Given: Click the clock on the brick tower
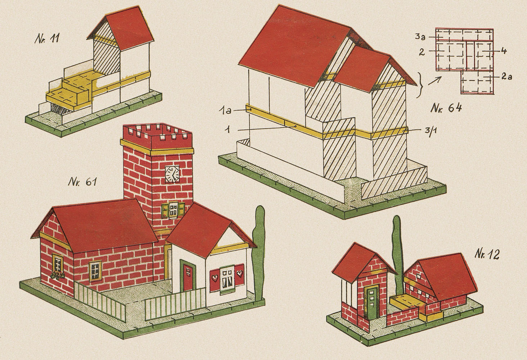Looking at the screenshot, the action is click(x=172, y=174).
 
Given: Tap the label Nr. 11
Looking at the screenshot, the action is click(x=47, y=39).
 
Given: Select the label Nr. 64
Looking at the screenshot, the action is click(x=446, y=108).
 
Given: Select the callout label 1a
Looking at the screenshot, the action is click(x=225, y=110).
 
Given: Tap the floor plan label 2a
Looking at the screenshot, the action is click(x=507, y=76).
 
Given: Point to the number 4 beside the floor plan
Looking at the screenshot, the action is click(x=504, y=51).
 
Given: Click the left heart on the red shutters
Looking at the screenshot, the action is click(x=214, y=278).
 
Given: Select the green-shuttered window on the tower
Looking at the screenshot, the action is click(x=173, y=210).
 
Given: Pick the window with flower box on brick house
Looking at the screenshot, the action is click(x=58, y=266).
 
